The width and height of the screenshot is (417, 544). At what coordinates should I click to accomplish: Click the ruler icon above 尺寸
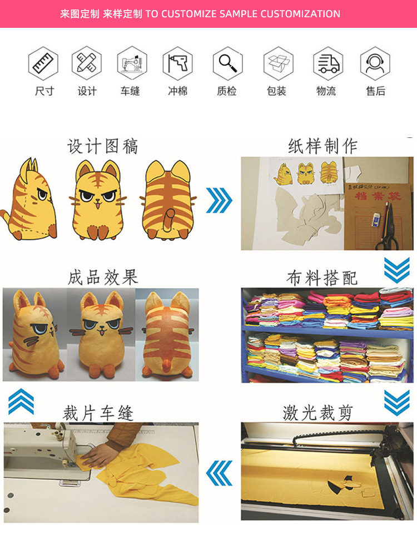[43, 63]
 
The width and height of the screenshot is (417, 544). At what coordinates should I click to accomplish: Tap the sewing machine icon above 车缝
[132, 63]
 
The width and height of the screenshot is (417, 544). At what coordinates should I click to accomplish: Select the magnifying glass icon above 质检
[227, 63]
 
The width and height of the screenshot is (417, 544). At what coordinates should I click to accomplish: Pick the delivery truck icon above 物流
[327, 63]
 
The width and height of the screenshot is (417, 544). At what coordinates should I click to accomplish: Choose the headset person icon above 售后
[375, 63]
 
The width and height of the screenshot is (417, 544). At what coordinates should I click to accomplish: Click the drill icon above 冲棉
[177, 63]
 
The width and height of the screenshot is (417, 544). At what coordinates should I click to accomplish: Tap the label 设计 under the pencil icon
[87, 91]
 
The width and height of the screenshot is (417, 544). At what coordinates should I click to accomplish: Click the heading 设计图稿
[103, 146]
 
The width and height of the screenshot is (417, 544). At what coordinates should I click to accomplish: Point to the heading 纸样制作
[323, 146]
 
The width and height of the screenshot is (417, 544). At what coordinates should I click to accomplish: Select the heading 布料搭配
[322, 278]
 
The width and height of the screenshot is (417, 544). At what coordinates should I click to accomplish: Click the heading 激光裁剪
[318, 413]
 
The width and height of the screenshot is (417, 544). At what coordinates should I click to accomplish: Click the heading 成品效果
[103, 277]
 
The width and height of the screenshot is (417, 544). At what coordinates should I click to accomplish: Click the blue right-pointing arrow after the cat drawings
[219, 200]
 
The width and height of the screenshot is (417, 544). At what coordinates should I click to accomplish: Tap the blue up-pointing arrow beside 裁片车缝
[21, 402]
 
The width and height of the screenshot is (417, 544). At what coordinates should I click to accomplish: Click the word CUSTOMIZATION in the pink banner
[300, 14]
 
